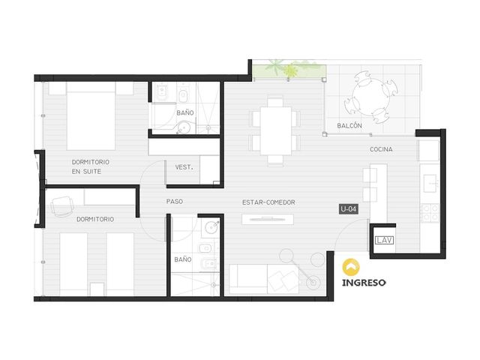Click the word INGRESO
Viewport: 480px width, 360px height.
pyautogui.click(x=364, y=283)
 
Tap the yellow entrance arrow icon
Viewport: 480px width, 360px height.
pyautogui.click(x=351, y=267)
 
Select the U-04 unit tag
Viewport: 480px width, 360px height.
pyautogui.click(x=349, y=209)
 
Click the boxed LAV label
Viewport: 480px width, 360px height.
pyautogui.click(x=384, y=240)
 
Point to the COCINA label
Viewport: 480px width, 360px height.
pyautogui.click(x=381, y=149)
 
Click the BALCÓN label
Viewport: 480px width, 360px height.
pyautogui.click(x=349, y=125)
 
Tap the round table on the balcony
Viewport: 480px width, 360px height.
pyautogui.click(x=371, y=97)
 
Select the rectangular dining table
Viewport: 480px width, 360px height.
pyautogui.click(x=276, y=130)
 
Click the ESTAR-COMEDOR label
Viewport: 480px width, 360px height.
pyautogui.click(x=268, y=202)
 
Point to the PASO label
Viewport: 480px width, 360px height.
pyautogui.click(x=175, y=202)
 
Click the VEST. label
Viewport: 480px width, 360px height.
pyautogui.click(x=184, y=167)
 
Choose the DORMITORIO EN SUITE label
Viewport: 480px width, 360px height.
pyautogui.click(x=90, y=166)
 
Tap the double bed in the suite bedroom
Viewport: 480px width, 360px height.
pyautogui.click(x=91, y=116)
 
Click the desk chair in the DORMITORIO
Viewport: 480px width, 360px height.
pyautogui.click(x=62, y=206)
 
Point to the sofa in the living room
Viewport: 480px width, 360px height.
pyautogui.click(x=264, y=279)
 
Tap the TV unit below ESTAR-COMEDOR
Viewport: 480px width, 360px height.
pyautogui.click(x=268, y=219)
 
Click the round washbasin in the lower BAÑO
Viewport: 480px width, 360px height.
pyautogui.click(x=211, y=227)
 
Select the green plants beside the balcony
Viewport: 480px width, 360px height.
pyautogui.click(x=289, y=70)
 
